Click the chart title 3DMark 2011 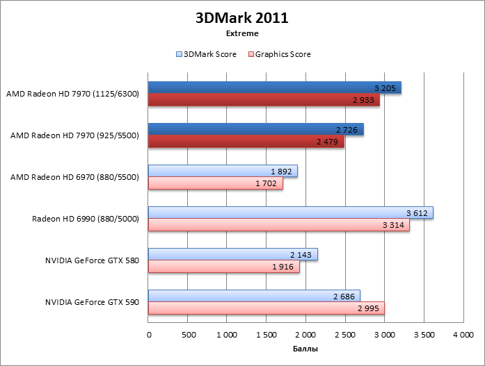[x=242, y=18]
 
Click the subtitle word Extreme [x=242, y=33]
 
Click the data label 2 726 [x=347, y=130]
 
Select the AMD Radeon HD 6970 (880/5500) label [x=75, y=177]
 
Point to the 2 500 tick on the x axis [x=345, y=335]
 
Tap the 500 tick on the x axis [x=188, y=335]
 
